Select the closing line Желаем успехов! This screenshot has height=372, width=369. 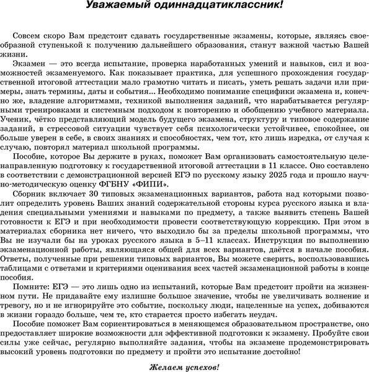point(184,367)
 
